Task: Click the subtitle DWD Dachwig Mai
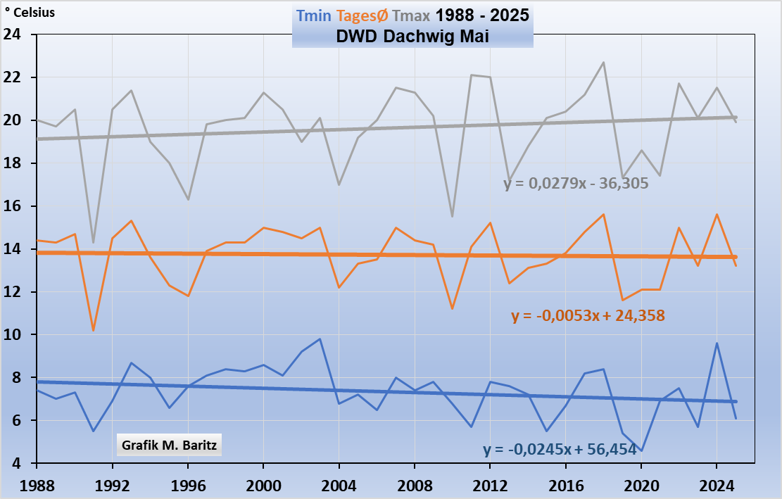click(x=412, y=37)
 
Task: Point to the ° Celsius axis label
click(x=30, y=13)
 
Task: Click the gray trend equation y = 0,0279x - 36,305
click(x=576, y=183)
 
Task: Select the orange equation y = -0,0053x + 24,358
click(x=588, y=316)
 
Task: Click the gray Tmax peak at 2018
click(x=603, y=63)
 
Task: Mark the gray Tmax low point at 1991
click(x=94, y=243)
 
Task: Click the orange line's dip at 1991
click(x=94, y=330)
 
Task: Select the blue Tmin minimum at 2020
click(x=641, y=450)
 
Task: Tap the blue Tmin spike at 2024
click(x=717, y=343)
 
